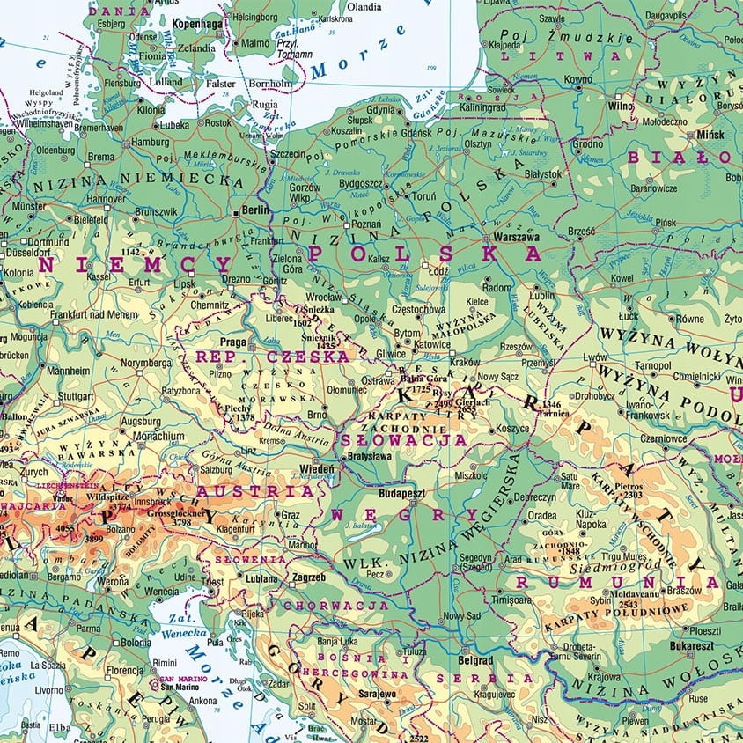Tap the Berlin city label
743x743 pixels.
tap(257, 211)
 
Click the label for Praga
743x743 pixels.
tap(233, 341)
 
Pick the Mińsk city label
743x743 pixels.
tap(710, 135)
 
